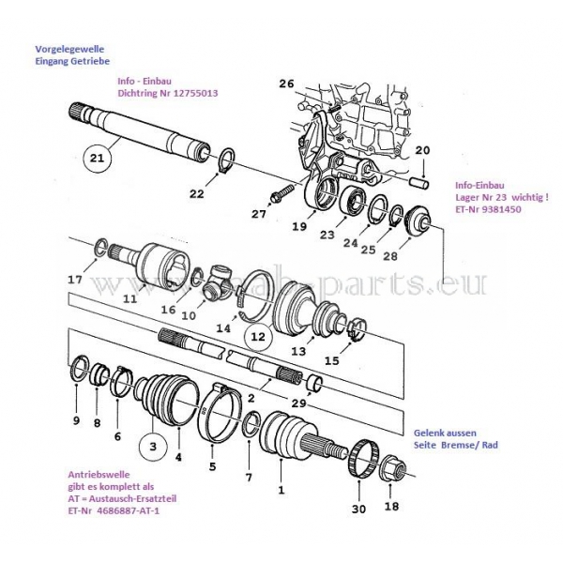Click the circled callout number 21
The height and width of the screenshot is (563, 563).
(x=97, y=158)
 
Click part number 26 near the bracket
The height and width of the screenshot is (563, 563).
(x=286, y=84)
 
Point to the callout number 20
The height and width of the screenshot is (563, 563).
(x=421, y=150)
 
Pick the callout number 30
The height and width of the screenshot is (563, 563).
(x=358, y=509)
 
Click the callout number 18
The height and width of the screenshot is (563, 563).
(x=391, y=507)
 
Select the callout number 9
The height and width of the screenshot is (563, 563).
(x=76, y=419)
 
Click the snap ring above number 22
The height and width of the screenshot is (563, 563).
(x=227, y=159)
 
